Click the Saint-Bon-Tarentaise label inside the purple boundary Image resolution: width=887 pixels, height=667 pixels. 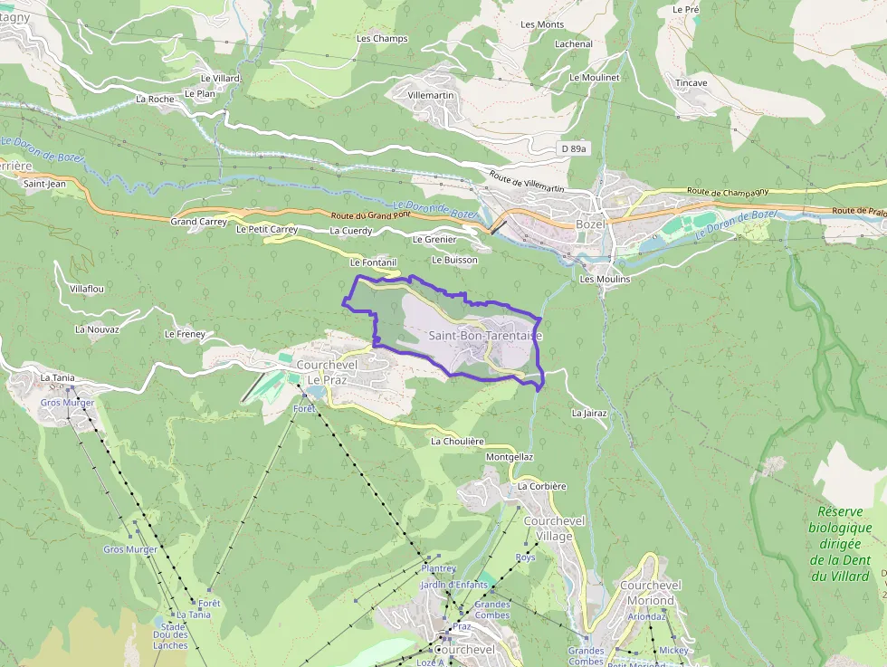click(x=484, y=336)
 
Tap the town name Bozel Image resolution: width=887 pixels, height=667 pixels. click(x=589, y=224)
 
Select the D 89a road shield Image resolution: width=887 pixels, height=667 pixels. click(x=573, y=148)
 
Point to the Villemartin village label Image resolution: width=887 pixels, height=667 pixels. click(x=431, y=95)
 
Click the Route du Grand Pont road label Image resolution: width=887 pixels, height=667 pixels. click(x=370, y=216)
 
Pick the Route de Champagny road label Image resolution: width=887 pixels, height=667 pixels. click(x=725, y=192)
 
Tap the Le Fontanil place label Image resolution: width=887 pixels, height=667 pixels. click(x=374, y=262)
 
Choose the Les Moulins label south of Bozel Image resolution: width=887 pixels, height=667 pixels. click(x=605, y=280)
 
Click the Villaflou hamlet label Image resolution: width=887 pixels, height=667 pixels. click(x=87, y=289)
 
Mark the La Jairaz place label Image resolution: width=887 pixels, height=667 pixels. click(x=589, y=413)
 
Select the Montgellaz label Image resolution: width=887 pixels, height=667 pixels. click(x=510, y=458)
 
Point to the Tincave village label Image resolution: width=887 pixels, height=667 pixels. click(x=691, y=83)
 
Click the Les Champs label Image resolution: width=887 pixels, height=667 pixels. click(x=382, y=39)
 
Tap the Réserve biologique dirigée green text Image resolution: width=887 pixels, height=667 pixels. click(x=839, y=543)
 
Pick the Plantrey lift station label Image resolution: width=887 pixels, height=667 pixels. click(x=439, y=568)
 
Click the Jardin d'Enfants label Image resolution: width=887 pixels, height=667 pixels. click(x=453, y=585)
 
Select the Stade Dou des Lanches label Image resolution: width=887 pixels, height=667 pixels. click(x=170, y=636)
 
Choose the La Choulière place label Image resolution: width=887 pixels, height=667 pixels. click(x=457, y=442)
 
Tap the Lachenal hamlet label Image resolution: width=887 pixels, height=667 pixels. click(x=574, y=43)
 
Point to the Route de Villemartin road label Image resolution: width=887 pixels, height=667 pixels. click(x=527, y=181)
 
